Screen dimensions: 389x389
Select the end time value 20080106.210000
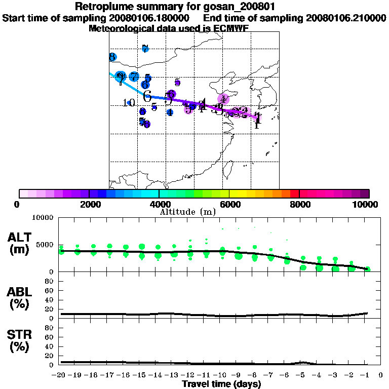346,18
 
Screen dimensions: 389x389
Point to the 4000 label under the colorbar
159,204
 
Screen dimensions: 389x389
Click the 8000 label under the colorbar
299,204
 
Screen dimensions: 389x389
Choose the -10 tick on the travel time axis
222,375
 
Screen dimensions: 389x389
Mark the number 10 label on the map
129,103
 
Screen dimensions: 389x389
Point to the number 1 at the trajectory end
258,121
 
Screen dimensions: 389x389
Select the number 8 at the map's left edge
112,57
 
